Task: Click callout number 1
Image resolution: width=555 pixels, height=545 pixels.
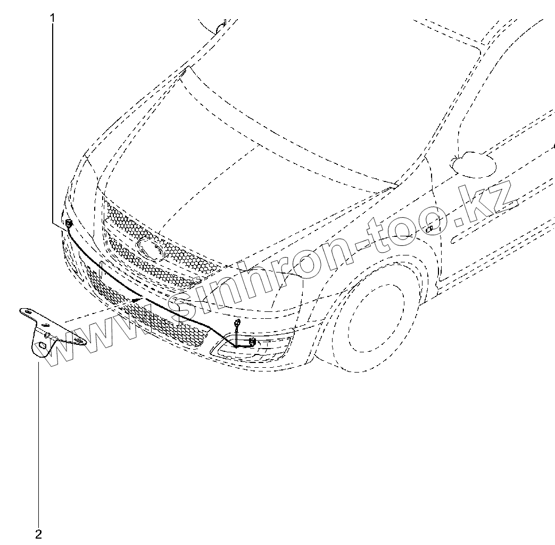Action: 53,18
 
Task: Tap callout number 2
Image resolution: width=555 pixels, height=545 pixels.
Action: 38,534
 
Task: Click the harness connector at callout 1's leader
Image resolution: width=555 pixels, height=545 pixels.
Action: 68,223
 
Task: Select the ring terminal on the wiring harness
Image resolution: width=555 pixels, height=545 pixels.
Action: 237,322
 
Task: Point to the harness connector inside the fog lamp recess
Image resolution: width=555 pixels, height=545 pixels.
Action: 252,342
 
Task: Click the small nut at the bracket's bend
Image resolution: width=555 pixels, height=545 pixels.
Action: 47,335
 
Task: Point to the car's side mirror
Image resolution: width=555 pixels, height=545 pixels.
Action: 473,163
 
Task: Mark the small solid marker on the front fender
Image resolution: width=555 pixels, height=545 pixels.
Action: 429,229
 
